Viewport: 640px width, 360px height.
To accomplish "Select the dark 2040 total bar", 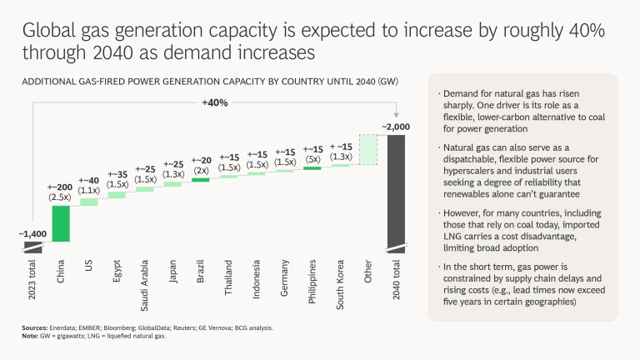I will point(396,192).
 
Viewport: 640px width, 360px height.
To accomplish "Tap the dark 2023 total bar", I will point(33,247).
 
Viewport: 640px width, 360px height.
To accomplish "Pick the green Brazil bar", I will point(200,179).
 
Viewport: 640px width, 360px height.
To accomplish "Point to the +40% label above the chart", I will point(215,103).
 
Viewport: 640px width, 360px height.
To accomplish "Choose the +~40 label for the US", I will point(88,179).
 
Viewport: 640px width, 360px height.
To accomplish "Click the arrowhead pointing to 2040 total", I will point(396,115).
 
